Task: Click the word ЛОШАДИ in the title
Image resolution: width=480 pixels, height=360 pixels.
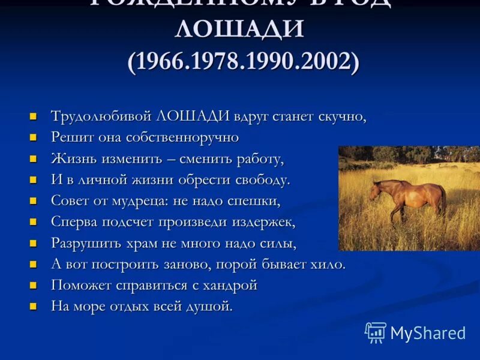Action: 240,29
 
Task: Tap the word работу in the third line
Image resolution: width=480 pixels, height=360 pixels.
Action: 258,159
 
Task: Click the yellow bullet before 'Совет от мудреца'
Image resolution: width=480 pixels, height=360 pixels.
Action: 34,200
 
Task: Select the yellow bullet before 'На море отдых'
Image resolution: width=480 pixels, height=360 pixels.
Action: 34,306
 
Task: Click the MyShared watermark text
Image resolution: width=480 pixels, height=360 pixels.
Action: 428,333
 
